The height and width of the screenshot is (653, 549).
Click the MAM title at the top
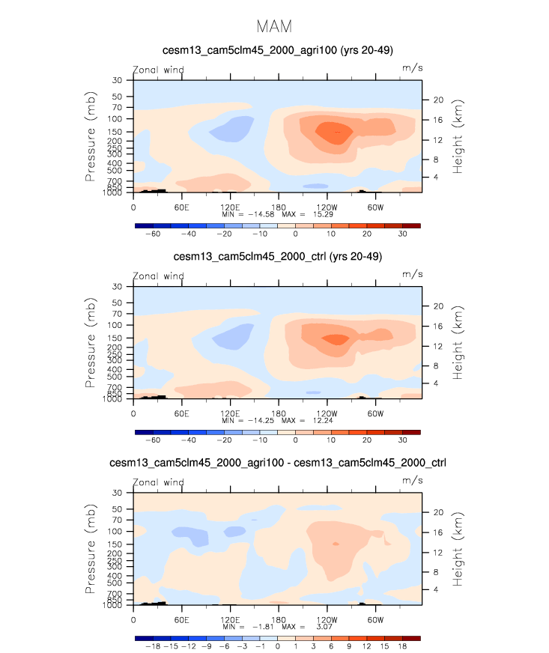click(x=274, y=26)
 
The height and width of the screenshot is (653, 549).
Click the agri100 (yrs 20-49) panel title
click(x=274, y=50)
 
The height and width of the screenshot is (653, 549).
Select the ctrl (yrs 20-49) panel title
click(x=274, y=257)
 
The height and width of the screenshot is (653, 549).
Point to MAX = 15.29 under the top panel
click(x=300, y=213)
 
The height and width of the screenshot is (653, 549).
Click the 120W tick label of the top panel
click(x=327, y=206)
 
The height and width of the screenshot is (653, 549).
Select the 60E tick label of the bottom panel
click(x=181, y=619)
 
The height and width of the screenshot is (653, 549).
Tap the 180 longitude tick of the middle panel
click(x=278, y=413)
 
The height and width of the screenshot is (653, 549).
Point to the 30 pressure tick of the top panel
click(x=118, y=80)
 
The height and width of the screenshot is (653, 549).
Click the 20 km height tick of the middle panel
click(x=439, y=306)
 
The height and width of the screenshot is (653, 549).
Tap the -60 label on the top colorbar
click(x=153, y=234)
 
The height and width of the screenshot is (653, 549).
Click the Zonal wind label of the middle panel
click(x=158, y=276)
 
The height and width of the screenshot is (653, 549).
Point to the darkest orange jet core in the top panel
click(x=330, y=132)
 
